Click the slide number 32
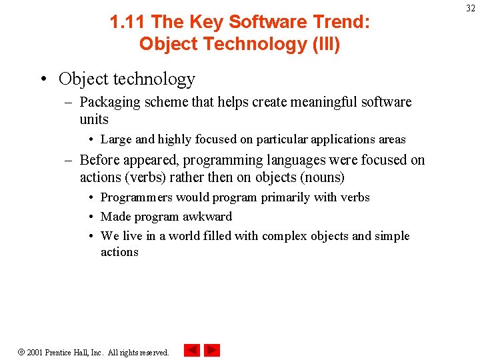click(x=470, y=8)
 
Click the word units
click(x=94, y=119)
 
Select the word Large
click(x=116, y=139)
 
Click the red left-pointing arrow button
click(x=192, y=350)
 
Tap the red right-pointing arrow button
click(x=212, y=350)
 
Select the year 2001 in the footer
click(x=35, y=352)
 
